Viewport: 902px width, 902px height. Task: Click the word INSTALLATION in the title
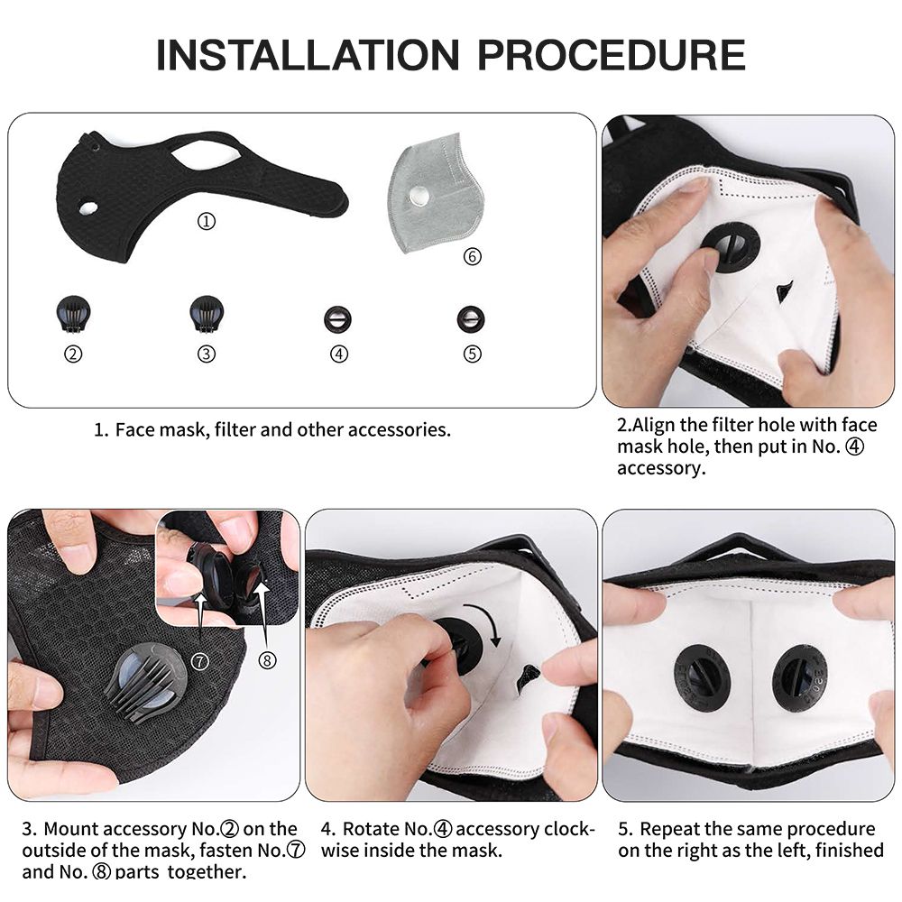coord(308,55)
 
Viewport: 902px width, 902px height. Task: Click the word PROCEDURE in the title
coord(612,55)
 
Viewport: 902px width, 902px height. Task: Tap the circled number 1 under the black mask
coord(207,221)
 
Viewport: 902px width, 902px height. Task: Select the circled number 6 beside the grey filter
coord(473,256)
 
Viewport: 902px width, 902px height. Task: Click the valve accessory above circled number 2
coord(74,314)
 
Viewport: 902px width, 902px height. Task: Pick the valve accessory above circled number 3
coord(207,314)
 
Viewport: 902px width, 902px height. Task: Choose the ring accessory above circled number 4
coord(337,319)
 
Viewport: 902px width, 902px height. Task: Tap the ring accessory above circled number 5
coord(471,319)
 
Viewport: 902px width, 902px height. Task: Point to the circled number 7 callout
coord(199,661)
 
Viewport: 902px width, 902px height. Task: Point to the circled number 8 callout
coord(267,660)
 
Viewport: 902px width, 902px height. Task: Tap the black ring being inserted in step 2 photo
coord(730,246)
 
